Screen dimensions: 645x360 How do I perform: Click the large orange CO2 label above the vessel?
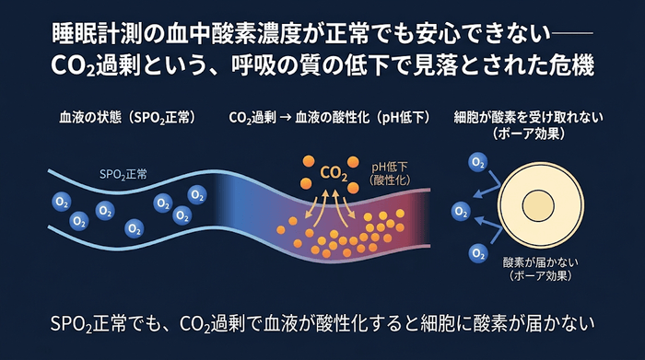(x=334, y=173)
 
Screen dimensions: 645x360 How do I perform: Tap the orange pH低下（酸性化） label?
(x=390, y=173)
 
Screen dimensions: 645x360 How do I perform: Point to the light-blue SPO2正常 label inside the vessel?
(x=123, y=175)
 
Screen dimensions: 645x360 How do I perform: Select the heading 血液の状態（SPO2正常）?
(x=127, y=118)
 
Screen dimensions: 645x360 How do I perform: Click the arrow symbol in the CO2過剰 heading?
(x=285, y=118)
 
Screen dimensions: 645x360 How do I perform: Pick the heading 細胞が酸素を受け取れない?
(x=529, y=118)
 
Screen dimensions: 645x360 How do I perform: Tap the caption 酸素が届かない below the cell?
(x=540, y=262)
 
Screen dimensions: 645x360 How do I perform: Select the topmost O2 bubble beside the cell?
(x=478, y=162)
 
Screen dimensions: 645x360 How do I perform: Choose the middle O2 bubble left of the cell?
(x=461, y=211)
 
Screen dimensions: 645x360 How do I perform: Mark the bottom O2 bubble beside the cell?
(x=478, y=253)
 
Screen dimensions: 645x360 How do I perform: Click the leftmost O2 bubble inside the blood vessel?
(x=62, y=202)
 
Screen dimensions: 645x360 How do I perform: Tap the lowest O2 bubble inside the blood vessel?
(x=135, y=229)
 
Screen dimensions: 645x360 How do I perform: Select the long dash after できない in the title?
(x=572, y=33)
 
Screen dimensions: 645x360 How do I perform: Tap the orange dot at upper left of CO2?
(x=309, y=161)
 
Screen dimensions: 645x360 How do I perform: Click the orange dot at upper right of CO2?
(x=353, y=161)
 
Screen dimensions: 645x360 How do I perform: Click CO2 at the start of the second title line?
(x=73, y=66)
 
